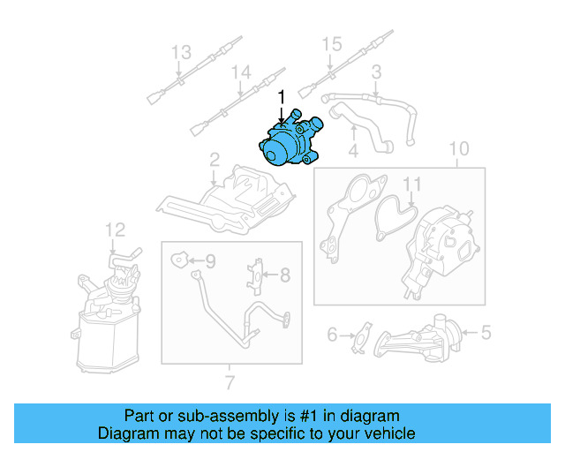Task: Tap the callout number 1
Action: [x=282, y=95]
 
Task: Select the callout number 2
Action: [x=214, y=160]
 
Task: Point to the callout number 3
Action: [x=376, y=71]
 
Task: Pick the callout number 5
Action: [x=485, y=333]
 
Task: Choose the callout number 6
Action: [x=333, y=335]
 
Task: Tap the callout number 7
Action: [x=230, y=383]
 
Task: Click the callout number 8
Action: [x=285, y=275]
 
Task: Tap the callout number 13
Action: [x=180, y=53]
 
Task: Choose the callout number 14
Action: [x=240, y=72]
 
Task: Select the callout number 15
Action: [x=330, y=44]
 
